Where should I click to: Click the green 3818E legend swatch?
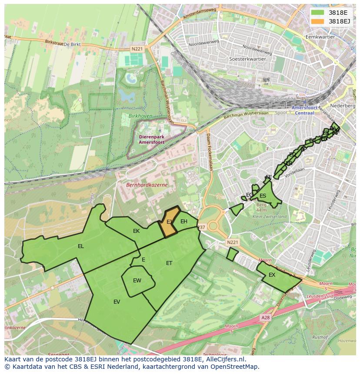click(x=317, y=13)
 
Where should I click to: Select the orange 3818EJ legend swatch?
click(x=317, y=21)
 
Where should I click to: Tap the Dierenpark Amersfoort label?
click(x=152, y=139)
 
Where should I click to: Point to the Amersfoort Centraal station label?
click(x=303, y=110)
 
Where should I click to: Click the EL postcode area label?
click(x=81, y=246)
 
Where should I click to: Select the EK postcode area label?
click(x=136, y=231)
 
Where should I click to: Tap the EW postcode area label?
click(x=137, y=281)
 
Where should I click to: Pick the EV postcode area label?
click(x=117, y=302)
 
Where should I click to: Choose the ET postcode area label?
click(x=169, y=263)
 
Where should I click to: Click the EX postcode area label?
click(x=272, y=275)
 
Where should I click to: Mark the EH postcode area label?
click(x=184, y=222)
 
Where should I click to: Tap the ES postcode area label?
click(x=263, y=196)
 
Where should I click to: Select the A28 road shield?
click(x=265, y=318)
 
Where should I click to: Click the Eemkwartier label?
click(x=320, y=37)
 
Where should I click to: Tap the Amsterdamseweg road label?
click(x=199, y=15)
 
